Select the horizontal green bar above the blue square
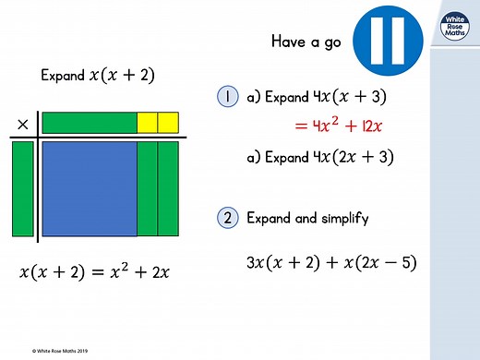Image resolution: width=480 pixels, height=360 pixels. (89, 122)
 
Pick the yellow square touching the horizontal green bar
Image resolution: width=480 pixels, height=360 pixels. (147, 122)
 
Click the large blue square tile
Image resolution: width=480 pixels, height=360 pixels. (89, 188)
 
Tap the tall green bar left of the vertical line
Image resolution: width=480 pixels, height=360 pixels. (22, 188)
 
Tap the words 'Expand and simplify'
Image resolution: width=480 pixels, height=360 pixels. (307, 219)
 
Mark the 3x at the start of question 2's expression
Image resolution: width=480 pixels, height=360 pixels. (256, 263)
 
